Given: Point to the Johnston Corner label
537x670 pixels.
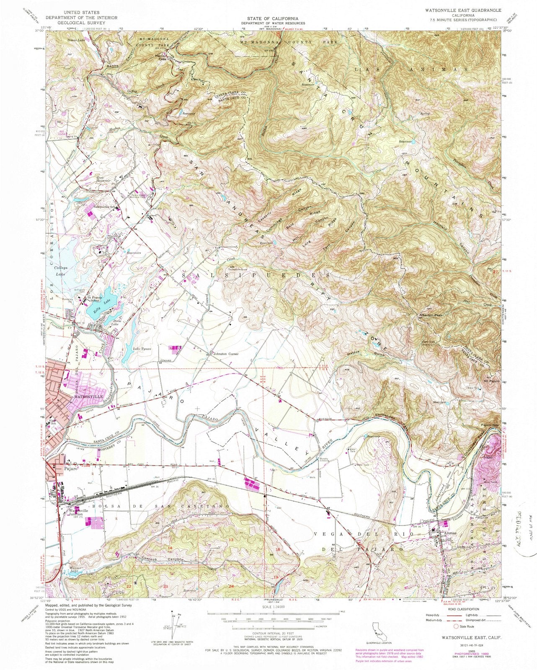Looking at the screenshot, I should click(226, 354).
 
